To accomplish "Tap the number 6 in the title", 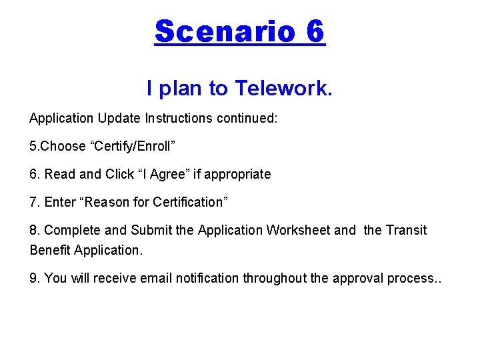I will pos(315,31).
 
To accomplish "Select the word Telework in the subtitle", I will pos(284,88).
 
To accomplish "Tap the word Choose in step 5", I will pos(64,146).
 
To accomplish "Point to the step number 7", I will pos(34,202).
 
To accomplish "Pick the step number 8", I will pos(34,230).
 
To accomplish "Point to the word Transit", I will pos(406,230).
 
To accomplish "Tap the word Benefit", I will pos(50,250).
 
